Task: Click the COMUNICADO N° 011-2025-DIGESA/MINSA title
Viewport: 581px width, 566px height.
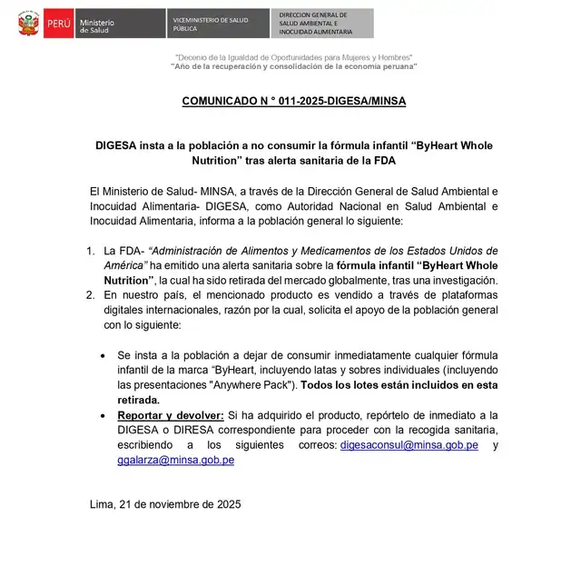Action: pyautogui.click(x=293, y=102)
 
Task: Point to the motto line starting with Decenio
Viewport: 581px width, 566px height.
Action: pyautogui.click(x=293, y=57)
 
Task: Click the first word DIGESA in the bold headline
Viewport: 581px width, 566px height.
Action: pyautogui.click(x=117, y=145)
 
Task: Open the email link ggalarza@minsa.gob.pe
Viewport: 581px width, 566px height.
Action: pyautogui.click(x=175, y=460)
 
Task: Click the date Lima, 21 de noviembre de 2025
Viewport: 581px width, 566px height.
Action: pyautogui.click(x=165, y=503)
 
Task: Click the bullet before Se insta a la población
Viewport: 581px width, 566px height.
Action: pyautogui.click(x=105, y=355)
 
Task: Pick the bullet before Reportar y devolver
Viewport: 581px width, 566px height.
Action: pyautogui.click(x=105, y=415)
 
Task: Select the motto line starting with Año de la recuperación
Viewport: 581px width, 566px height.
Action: pyautogui.click(x=293, y=67)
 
